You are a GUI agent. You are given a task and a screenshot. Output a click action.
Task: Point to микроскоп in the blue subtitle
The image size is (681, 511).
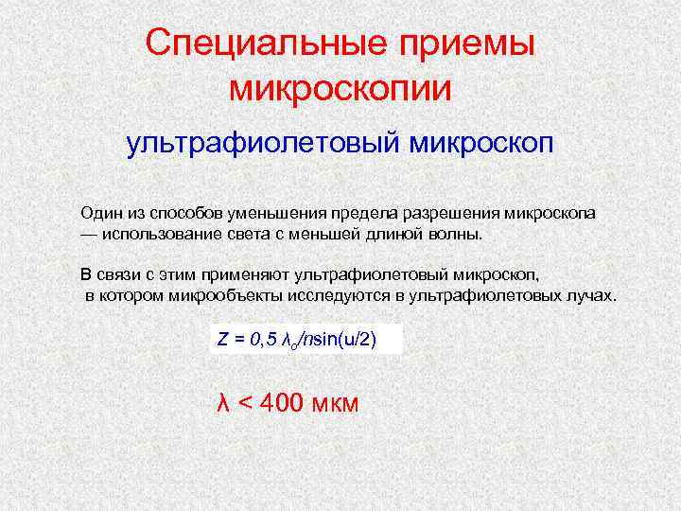tap(480, 146)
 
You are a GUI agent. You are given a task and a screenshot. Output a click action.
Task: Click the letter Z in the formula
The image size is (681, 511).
tap(222, 341)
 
